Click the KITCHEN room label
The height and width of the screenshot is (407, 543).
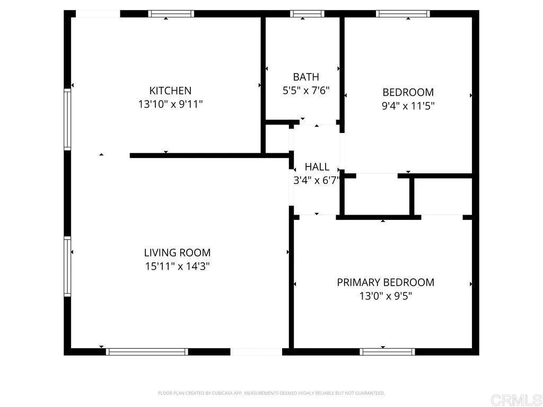(x=170, y=91)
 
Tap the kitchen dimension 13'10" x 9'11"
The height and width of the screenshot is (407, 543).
(x=170, y=104)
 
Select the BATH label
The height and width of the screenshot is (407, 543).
(x=306, y=77)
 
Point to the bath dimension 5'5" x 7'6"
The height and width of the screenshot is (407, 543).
(x=306, y=91)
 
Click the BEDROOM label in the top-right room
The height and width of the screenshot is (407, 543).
(x=408, y=92)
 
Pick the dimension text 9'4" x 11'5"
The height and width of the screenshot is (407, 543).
(x=408, y=106)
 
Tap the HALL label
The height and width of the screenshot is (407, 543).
(x=317, y=166)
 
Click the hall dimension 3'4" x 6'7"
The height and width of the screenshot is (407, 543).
(x=317, y=180)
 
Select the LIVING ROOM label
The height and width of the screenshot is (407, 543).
(x=177, y=253)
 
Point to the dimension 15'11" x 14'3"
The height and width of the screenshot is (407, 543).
(x=177, y=267)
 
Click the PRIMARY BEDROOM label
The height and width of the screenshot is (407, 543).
(x=386, y=282)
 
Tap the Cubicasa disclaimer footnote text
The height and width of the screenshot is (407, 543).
(x=271, y=393)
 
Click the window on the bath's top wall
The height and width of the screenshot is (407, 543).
(x=307, y=14)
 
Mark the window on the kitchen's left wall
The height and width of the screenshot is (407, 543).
(x=67, y=119)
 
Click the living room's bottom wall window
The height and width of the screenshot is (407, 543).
(x=147, y=351)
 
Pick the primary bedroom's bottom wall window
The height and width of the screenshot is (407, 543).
(x=387, y=351)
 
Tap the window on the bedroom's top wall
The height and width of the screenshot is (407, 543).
(x=402, y=14)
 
